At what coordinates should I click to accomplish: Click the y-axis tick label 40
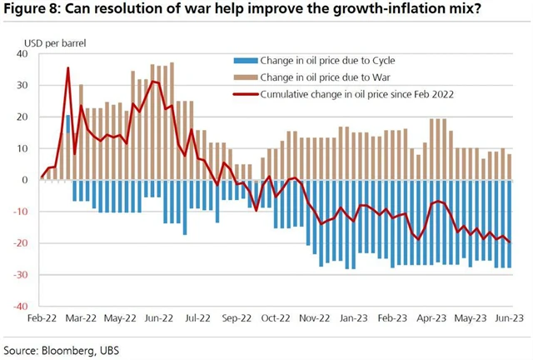pyautogui.click(x=22, y=54)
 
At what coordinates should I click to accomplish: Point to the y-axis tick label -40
pyautogui.click(x=20, y=306)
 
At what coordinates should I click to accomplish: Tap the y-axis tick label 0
pyautogui.click(x=26, y=180)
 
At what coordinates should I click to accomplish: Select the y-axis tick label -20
pyautogui.click(x=20, y=243)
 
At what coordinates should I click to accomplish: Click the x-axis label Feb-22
pyautogui.click(x=42, y=317)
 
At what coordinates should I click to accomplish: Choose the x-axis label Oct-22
pyautogui.click(x=276, y=317)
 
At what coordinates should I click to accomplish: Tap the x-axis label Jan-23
pyautogui.click(x=354, y=317)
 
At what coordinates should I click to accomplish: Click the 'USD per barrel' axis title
pyautogui.click(x=55, y=40)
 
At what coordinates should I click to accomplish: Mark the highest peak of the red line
pyautogui.click(x=68, y=68)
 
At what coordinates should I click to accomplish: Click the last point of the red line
pyautogui.click(x=510, y=242)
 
